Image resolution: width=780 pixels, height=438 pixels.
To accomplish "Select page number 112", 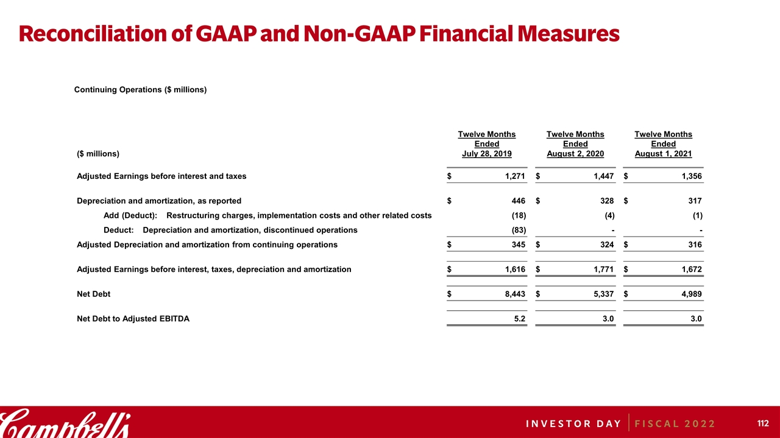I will click(x=762, y=423).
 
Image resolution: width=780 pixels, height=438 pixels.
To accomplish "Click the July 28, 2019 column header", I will click(x=486, y=154).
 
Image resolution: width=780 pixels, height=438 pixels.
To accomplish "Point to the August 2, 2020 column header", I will click(x=575, y=154).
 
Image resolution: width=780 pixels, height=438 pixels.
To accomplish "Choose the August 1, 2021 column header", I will click(x=663, y=154).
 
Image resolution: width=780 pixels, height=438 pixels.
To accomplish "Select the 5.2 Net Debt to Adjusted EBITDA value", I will click(x=520, y=318).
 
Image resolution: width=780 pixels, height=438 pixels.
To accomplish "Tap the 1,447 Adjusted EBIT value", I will click(x=604, y=176).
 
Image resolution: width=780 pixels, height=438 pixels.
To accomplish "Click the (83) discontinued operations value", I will click(x=519, y=230).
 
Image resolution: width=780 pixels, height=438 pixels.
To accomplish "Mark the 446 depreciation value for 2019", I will click(x=519, y=201).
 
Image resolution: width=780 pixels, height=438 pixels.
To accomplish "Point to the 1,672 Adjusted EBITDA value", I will click(x=692, y=269).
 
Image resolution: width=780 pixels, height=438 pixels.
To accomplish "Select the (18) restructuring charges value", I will click(x=519, y=215).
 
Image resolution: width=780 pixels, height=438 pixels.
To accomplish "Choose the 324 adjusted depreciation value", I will click(x=607, y=245).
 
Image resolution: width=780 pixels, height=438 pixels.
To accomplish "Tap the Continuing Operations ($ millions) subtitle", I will click(x=140, y=90).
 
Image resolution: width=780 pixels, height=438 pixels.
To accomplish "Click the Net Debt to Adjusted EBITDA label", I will click(x=133, y=318).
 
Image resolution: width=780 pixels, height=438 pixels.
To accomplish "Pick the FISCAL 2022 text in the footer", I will click(x=675, y=423).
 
